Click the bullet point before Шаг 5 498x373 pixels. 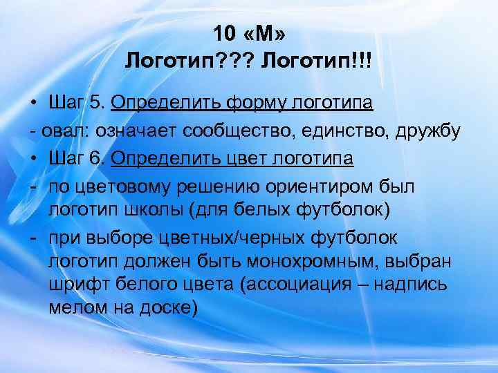click(33, 104)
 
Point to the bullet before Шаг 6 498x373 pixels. click(33, 160)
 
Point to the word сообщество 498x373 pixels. click(237, 131)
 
